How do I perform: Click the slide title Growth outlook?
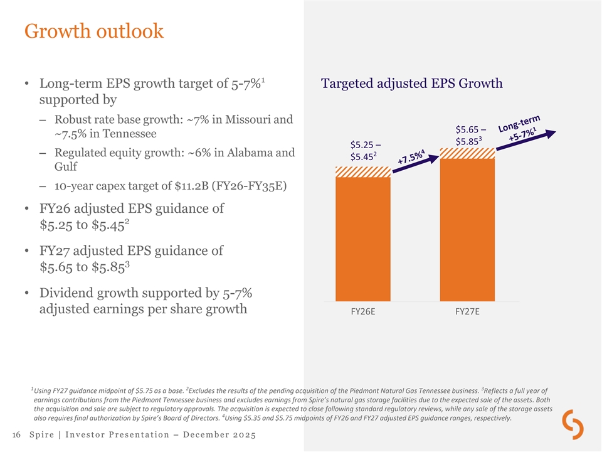tap(93, 31)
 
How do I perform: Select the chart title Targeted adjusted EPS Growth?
tap(411, 83)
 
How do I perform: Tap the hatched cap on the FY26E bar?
tap(363, 172)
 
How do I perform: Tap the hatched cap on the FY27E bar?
tap(467, 153)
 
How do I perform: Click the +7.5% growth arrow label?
tap(411, 156)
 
